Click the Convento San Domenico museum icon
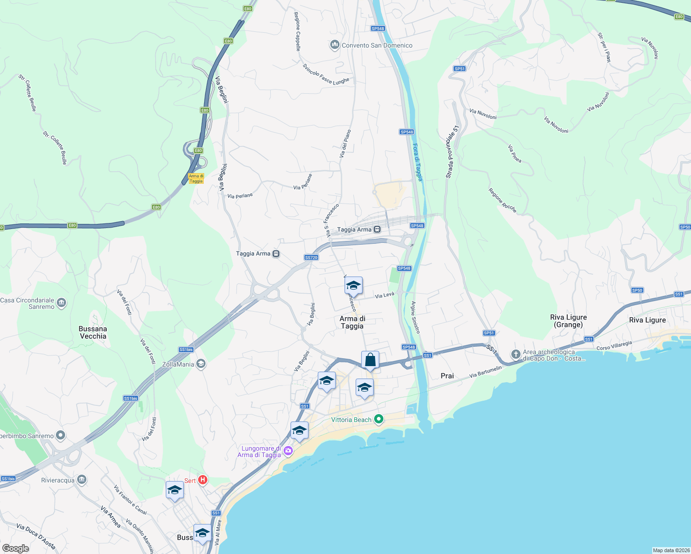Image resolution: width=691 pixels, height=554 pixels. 334,45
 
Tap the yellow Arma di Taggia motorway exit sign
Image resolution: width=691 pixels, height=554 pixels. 196,179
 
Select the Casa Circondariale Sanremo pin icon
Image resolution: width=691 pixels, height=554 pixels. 61,303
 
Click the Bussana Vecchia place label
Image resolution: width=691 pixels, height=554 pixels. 93,332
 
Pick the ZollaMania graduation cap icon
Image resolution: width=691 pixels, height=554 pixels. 200,364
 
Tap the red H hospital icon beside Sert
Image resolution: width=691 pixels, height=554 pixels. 202,480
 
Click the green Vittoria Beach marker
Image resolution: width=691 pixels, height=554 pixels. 379,419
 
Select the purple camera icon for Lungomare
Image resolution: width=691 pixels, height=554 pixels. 288,451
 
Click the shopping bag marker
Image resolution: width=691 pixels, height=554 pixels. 370,360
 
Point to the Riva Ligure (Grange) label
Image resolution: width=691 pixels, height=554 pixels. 568,321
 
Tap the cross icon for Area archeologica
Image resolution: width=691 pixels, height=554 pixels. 515,355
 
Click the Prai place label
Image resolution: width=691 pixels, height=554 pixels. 447,376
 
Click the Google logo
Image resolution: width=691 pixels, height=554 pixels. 16,548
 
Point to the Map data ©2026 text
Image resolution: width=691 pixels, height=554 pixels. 671,550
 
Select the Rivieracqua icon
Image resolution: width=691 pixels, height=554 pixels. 82,480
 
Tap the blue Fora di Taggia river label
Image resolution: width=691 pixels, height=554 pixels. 418,163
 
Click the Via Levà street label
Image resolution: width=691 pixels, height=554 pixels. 384,295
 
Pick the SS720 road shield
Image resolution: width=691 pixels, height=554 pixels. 311,258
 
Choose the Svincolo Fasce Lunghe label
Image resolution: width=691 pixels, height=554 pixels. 326,74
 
